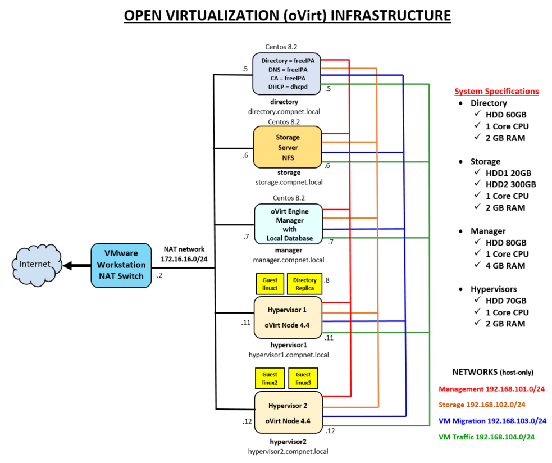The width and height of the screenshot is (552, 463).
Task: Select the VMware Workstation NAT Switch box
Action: (121, 265)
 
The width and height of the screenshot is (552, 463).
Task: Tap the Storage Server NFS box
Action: (288, 147)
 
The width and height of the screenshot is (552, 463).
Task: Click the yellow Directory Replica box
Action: (305, 284)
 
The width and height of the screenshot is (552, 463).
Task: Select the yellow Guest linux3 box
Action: (303, 378)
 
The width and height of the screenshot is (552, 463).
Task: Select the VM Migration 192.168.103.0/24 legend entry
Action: (492, 421)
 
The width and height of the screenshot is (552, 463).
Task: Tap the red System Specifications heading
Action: (496, 91)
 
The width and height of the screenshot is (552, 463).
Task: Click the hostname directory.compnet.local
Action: (284, 111)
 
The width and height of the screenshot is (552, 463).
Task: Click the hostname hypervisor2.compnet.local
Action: (288, 451)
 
